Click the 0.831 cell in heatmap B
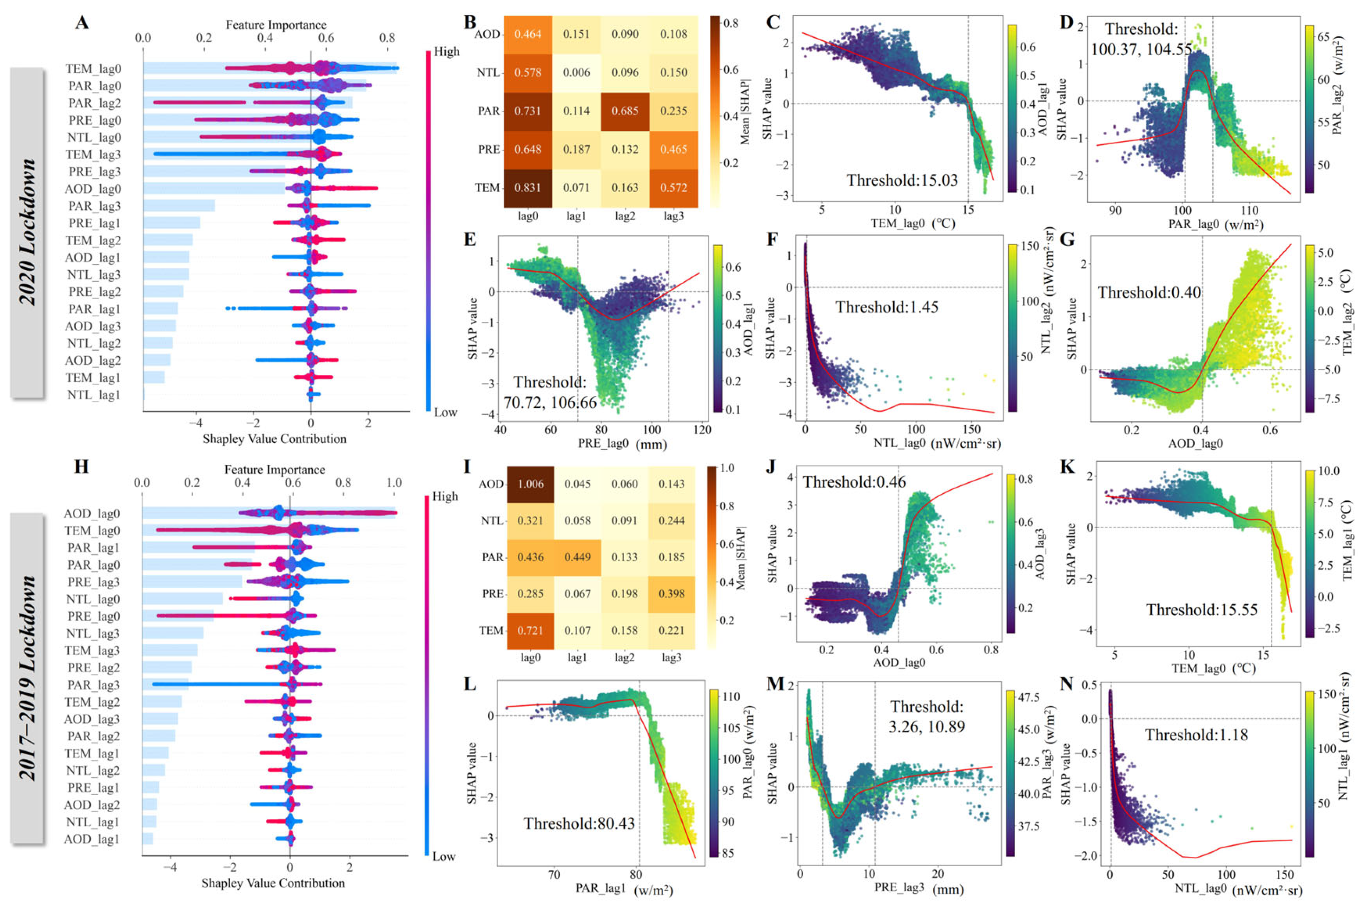(527, 188)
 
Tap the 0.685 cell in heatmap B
(625, 111)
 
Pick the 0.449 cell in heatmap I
(577, 557)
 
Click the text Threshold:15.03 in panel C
(902, 180)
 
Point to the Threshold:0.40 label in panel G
(1149, 293)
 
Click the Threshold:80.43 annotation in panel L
(579, 823)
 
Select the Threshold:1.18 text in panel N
(1196, 735)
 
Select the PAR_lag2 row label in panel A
(95, 103)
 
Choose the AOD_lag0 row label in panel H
(92, 514)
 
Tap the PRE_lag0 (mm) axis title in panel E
(622, 444)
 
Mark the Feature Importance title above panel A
(276, 25)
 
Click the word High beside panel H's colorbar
(445, 496)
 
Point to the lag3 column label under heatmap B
(673, 216)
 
